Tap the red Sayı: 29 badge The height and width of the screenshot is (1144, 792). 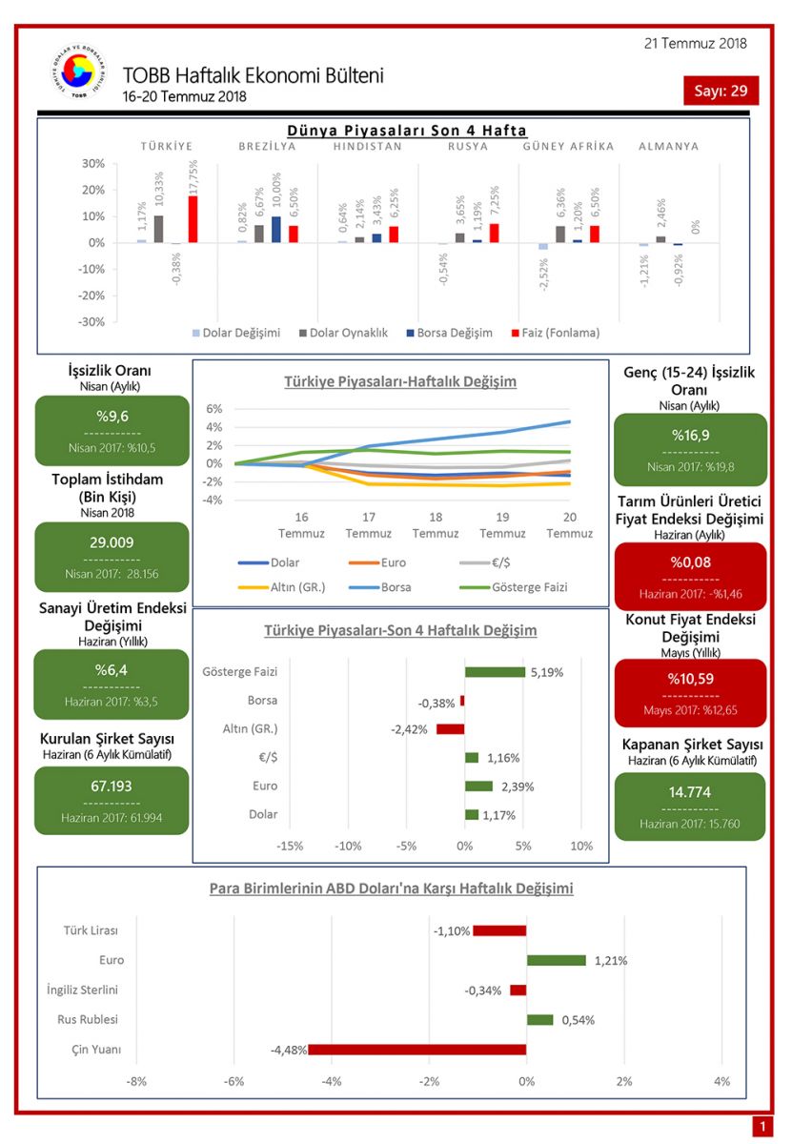coord(721,91)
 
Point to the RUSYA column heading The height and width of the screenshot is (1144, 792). coord(468,147)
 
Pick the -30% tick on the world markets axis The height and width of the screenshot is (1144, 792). coord(91,321)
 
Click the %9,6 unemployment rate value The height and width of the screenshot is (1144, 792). coord(112,416)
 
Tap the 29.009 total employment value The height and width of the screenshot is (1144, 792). coord(112,542)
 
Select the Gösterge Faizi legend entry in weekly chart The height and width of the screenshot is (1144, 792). coord(521,587)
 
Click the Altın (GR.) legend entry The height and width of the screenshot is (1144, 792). coord(290,587)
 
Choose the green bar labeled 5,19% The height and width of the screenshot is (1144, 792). coord(495,672)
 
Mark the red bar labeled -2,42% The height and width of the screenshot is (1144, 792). coord(450,729)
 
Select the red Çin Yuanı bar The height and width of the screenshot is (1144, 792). coord(416,1050)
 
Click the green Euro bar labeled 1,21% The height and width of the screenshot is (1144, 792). coord(556,960)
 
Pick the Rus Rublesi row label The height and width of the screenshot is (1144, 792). coord(88,1020)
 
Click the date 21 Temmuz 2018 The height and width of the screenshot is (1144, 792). coord(696,43)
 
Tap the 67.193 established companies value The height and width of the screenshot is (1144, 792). coord(112,786)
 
